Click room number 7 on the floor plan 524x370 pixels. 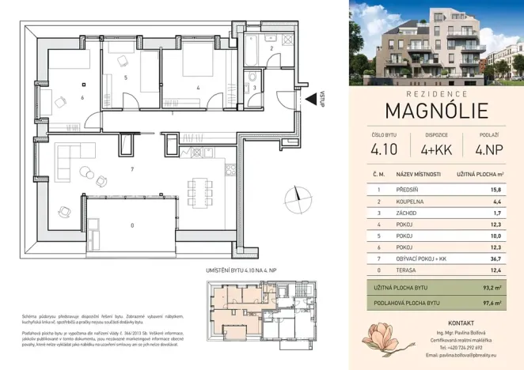tap(134, 168)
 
